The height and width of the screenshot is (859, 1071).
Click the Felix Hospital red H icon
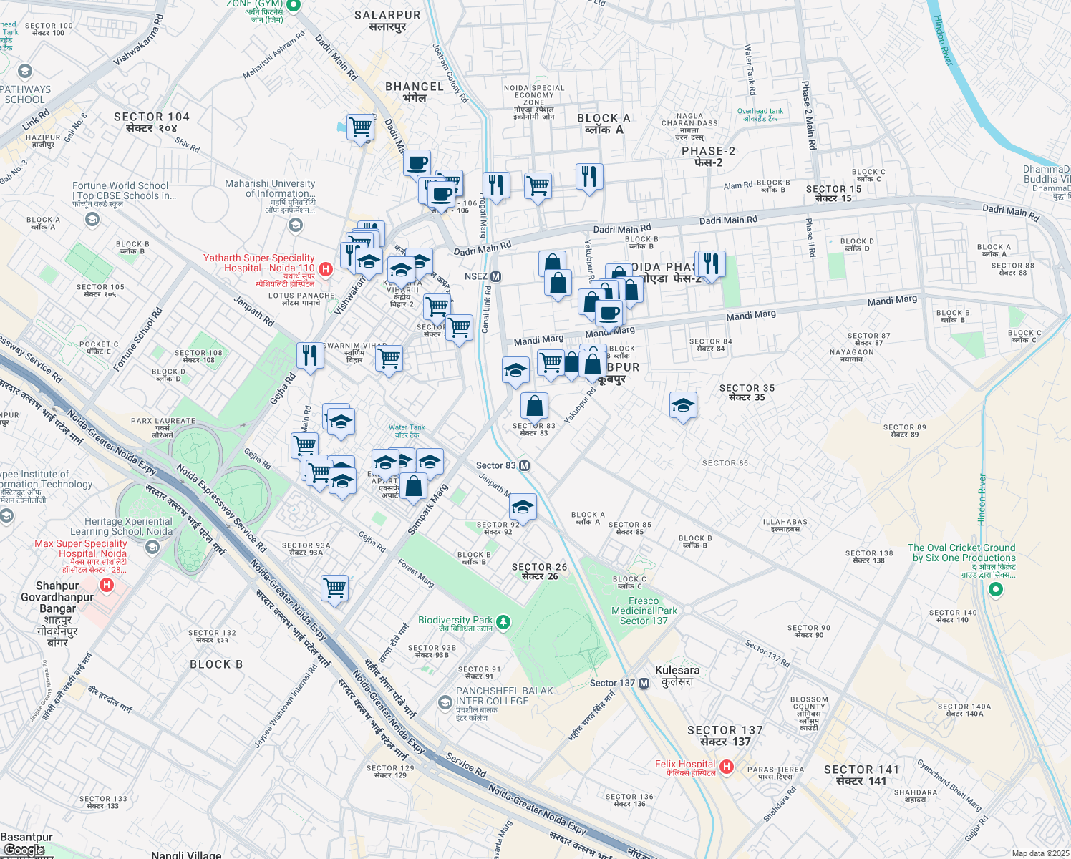point(727,767)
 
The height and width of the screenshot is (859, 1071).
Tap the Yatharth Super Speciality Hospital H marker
point(326,269)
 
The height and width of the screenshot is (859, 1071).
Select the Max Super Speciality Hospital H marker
point(107,586)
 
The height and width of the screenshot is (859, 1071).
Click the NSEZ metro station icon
point(495,276)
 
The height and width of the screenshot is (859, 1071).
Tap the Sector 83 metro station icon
point(524,466)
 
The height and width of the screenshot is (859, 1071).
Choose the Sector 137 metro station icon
point(644,684)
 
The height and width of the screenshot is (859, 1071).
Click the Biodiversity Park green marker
point(503,621)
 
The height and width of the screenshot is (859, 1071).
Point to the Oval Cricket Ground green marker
point(995,589)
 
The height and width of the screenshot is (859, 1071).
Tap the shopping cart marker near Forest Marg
point(335,588)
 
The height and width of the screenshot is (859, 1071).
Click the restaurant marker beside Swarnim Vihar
point(310,355)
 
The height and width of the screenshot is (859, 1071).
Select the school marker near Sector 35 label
point(683,405)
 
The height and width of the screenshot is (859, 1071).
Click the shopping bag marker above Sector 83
point(534,406)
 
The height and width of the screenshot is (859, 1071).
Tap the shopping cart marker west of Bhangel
point(361,127)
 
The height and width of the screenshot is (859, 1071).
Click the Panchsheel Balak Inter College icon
point(445,703)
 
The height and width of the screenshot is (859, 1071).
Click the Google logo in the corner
point(24,850)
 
